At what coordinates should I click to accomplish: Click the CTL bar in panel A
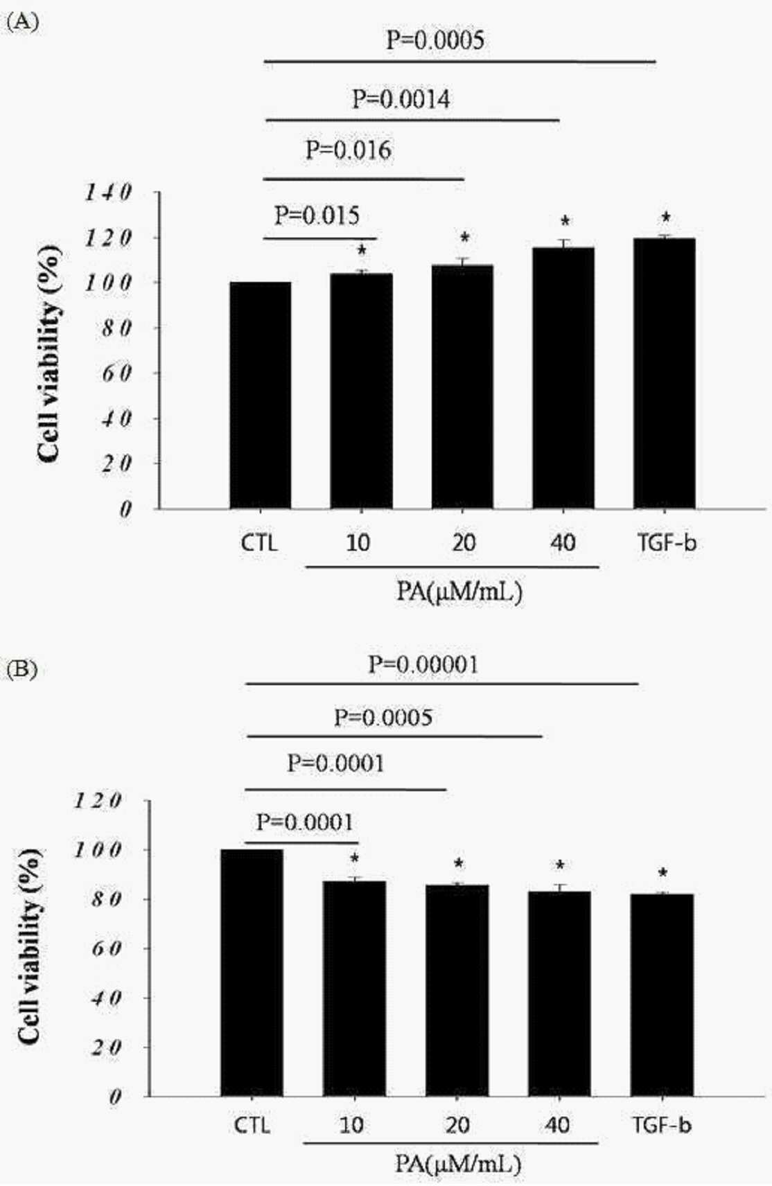pos(260,395)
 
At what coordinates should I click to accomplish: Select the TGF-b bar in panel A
pos(664,373)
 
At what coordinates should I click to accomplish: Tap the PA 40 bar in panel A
pos(563,378)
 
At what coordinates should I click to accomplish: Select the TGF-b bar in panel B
pos(662,995)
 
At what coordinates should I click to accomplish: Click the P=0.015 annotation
pos(317,215)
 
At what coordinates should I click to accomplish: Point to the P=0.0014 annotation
pos(401,99)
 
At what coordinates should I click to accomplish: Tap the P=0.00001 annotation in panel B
pos(423,664)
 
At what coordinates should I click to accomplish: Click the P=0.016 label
pos(349,150)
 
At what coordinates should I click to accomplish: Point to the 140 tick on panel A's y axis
pos(108,193)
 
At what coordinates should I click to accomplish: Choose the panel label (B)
pos(22,669)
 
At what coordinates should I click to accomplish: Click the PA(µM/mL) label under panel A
pos(459,592)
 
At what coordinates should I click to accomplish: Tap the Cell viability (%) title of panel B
pos(30,946)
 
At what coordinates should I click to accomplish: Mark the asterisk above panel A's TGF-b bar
pos(666,217)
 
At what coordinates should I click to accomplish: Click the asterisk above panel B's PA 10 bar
pos(355,858)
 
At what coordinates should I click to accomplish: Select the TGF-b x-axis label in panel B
pos(662,1125)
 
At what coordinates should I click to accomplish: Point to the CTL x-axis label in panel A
pos(259,542)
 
